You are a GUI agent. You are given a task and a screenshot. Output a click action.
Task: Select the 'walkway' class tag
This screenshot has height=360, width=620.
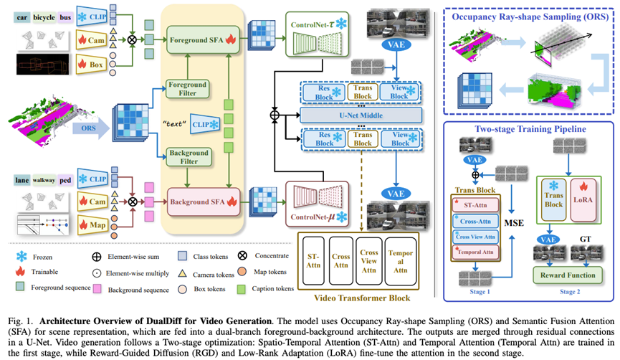[46, 181]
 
